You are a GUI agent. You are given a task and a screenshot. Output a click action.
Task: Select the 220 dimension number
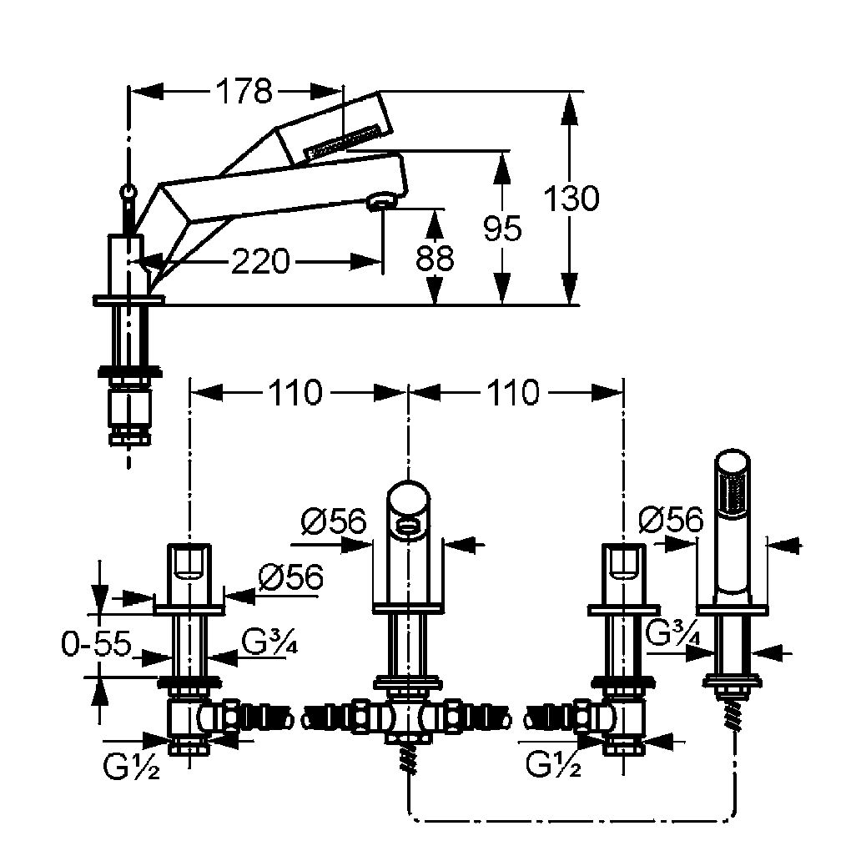(259, 261)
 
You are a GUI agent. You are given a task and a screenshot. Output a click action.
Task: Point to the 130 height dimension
(571, 199)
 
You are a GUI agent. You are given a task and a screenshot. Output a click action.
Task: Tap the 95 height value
(502, 229)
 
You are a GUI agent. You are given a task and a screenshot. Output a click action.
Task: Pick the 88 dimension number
(435, 258)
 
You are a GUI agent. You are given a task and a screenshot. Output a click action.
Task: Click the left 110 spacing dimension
(295, 392)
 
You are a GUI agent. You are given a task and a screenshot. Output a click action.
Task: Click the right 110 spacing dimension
(513, 392)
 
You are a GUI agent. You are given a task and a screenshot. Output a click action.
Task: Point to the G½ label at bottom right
(553, 764)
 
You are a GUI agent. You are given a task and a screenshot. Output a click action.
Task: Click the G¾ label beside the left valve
(269, 642)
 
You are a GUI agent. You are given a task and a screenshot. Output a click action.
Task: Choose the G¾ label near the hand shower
(673, 633)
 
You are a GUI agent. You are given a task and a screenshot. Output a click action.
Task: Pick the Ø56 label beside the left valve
(291, 577)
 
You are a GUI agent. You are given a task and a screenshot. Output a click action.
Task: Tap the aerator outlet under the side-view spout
(381, 201)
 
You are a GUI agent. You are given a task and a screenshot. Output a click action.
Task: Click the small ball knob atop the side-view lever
(128, 192)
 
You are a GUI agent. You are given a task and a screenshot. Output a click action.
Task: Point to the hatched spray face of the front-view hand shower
(733, 492)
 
